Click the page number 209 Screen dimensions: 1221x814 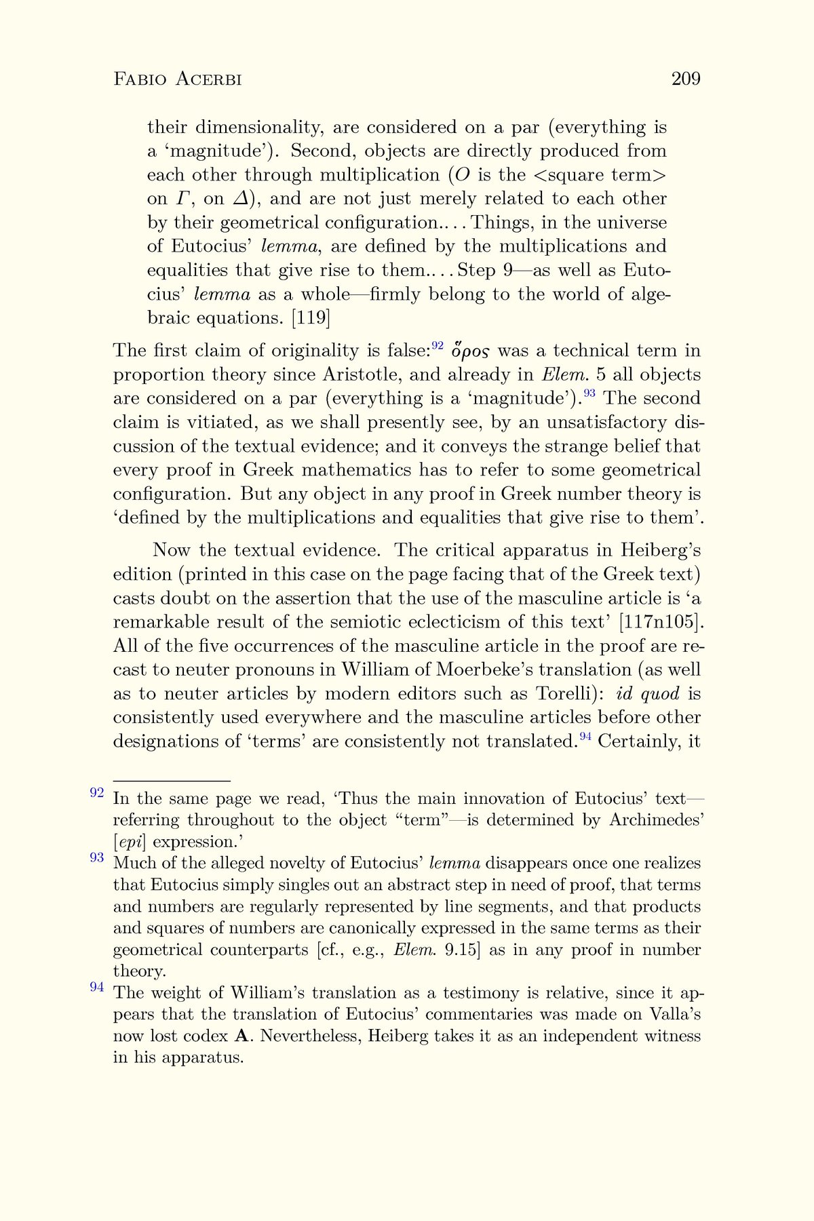click(x=685, y=79)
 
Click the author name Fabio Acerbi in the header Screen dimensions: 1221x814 click(x=178, y=79)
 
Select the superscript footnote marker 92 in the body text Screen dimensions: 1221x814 click(x=438, y=346)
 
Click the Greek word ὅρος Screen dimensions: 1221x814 click(x=471, y=351)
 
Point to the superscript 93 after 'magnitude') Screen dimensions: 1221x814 click(x=589, y=394)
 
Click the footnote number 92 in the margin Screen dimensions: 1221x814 click(x=97, y=793)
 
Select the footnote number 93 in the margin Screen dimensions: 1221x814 click(x=97, y=858)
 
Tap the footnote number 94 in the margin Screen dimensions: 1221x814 click(x=97, y=988)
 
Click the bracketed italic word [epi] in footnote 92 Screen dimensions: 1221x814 click(x=130, y=842)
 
